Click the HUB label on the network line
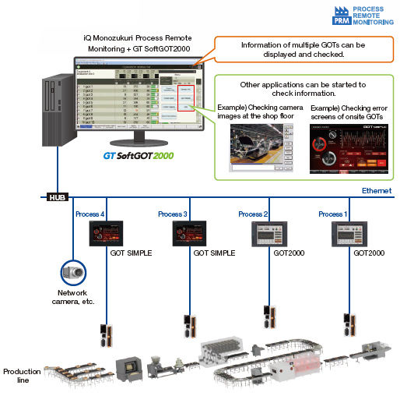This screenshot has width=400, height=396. pos(58,197)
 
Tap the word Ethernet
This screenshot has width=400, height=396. pos(377,191)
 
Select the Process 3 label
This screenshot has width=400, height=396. pos(172,214)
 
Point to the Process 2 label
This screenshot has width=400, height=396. pos(252,214)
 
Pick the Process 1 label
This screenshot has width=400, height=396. pos(333,214)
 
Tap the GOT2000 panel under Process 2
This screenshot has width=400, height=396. pos(268,234)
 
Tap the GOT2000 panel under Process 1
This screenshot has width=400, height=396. pos(349,234)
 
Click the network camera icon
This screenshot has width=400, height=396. pos(73,273)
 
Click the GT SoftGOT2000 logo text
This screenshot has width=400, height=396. pos(139,155)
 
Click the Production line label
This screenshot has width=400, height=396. pos(21,376)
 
